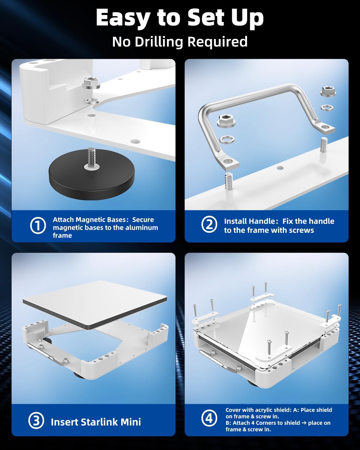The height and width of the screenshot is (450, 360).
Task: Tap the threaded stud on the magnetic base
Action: coord(91,157)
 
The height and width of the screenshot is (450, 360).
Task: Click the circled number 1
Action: coord(38,226)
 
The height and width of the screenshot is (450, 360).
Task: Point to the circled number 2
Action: coord(209,224)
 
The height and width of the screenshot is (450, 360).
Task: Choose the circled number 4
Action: coord(209,418)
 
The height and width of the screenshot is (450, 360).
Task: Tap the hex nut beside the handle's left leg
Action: coord(226,121)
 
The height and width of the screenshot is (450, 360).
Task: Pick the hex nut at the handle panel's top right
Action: coord(328,91)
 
